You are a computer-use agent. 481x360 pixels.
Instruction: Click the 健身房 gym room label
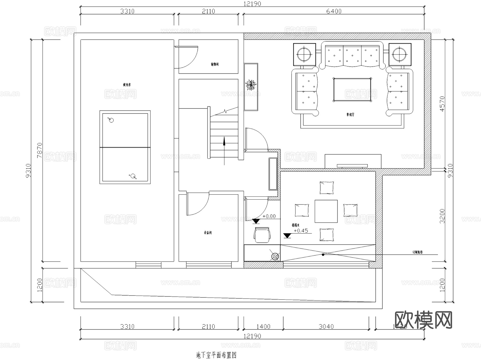click(127, 85)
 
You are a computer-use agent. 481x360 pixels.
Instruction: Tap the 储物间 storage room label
click(215, 64)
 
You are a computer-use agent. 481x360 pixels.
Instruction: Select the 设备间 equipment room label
click(208, 233)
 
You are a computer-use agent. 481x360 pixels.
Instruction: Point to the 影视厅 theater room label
click(350, 115)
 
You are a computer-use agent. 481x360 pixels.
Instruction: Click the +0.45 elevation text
click(301, 231)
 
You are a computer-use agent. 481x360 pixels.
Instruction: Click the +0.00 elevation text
click(269, 216)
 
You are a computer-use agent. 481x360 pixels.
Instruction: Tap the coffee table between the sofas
click(352, 90)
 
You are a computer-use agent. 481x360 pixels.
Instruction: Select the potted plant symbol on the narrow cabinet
click(251, 85)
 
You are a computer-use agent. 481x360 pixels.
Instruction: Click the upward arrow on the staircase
click(224, 142)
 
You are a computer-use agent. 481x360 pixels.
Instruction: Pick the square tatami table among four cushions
click(326, 211)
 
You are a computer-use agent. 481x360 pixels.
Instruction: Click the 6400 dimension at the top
click(334, 11)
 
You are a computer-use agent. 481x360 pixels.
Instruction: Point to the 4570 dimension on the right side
click(442, 104)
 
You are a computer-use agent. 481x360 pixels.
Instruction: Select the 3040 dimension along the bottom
click(326, 327)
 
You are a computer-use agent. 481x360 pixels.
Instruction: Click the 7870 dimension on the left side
click(40, 150)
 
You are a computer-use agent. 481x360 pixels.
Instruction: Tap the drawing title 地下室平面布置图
click(216, 355)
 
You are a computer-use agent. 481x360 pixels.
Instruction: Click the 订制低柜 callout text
click(417, 252)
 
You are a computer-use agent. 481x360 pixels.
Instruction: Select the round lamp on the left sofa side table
click(304, 54)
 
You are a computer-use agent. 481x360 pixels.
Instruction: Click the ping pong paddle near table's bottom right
click(133, 176)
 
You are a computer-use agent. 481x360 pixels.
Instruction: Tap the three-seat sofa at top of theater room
click(352, 56)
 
